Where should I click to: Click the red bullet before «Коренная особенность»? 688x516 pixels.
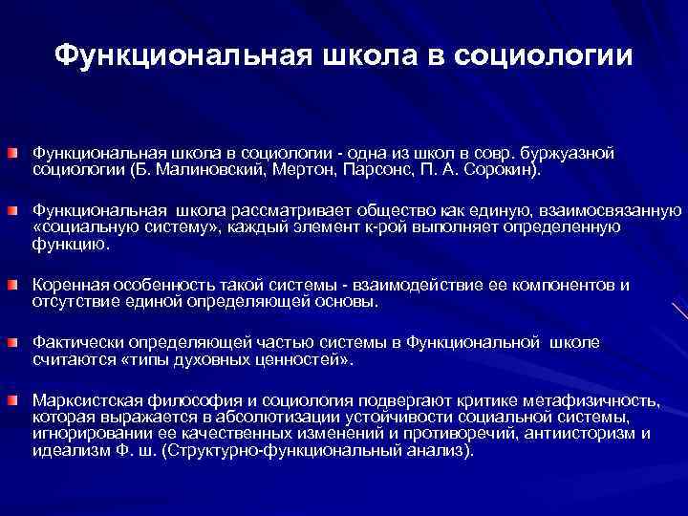18,285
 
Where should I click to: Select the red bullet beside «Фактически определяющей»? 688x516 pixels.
18,341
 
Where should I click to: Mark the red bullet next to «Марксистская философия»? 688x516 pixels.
18,398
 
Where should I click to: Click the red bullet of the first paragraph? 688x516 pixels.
18,154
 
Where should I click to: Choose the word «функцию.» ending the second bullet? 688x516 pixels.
72,246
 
